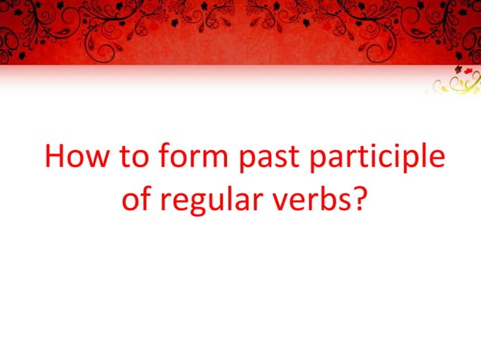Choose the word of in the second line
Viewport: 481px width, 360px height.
coord(136,200)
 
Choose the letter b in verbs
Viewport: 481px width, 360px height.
coord(324,199)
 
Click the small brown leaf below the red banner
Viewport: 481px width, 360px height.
coord(455,72)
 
